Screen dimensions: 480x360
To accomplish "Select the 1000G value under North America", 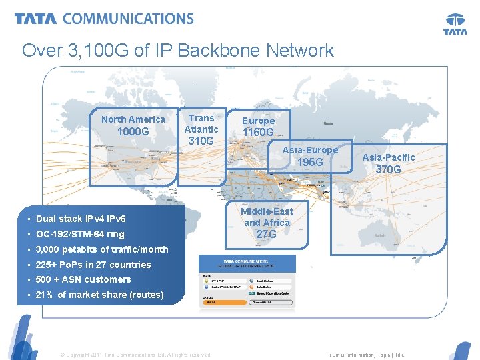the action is [133, 132].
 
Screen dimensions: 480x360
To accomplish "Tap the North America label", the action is [133, 119].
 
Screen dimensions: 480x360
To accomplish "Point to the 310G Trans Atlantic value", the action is [201, 141].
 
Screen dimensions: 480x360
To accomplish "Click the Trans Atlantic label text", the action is [201, 123].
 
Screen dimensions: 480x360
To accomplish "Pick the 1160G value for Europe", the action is [258, 133].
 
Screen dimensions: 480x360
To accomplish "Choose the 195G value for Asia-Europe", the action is [310, 163].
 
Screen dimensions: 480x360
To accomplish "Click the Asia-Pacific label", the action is [389, 157].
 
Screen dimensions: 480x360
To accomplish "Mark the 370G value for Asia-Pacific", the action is [389, 169].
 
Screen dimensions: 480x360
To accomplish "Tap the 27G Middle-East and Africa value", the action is [267, 234].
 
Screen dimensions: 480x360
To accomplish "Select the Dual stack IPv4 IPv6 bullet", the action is [81, 219].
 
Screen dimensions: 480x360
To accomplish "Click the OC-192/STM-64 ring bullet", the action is [80, 234].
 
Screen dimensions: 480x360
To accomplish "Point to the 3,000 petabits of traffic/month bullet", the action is [93, 249].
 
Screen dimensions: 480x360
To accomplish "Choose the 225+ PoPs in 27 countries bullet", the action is [84, 265].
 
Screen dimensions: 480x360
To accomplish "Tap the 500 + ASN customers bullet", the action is [83, 279].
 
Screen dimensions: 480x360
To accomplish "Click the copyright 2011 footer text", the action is [136, 355].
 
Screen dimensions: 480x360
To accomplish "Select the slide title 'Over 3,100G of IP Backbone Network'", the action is [178, 50].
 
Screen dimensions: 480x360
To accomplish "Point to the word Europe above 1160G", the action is [258, 121].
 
